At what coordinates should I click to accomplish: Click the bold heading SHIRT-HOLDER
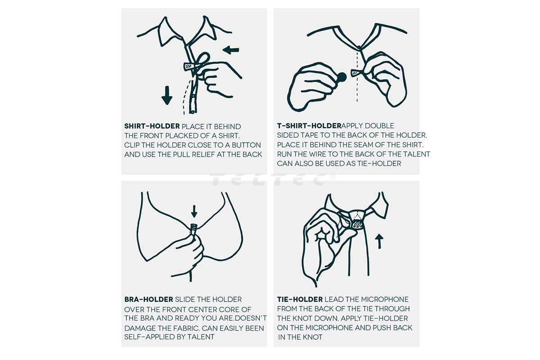152,126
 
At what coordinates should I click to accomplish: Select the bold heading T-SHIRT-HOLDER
309,126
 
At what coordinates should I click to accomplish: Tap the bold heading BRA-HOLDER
148,299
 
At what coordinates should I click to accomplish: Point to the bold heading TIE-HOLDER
300,299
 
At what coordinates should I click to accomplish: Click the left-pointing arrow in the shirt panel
231,50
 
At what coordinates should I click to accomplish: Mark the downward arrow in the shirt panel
167,95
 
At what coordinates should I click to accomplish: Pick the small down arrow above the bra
194,211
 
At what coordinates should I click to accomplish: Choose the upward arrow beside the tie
379,241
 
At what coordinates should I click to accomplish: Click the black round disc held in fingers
342,77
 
